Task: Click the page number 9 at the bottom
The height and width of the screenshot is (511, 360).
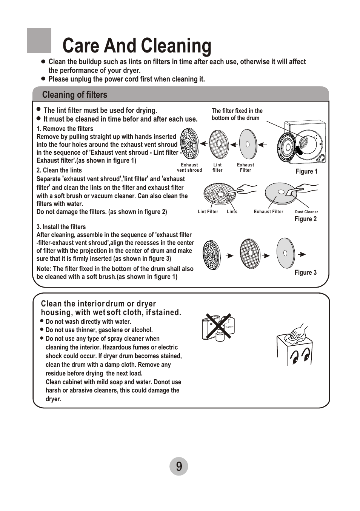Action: point(179,466)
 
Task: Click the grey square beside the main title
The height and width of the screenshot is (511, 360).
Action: point(39,41)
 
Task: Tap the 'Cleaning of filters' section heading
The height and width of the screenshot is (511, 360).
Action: point(75,95)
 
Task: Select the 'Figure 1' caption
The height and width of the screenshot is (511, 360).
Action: point(306,171)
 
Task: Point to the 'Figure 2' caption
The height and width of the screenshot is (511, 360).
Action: point(305,219)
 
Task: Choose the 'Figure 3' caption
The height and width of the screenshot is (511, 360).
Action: point(305,272)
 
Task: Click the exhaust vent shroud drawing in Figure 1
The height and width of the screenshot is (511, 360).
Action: point(189,144)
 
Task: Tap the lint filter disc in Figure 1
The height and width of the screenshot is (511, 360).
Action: point(218,144)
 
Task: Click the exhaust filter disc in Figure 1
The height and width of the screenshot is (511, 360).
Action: point(248,144)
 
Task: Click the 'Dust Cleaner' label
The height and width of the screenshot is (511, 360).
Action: point(306,212)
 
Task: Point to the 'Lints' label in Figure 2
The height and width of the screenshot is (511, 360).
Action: point(232,212)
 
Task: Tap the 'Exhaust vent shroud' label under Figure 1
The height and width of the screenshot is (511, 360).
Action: point(189,168)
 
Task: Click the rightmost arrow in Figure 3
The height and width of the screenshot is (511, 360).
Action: point(302,254)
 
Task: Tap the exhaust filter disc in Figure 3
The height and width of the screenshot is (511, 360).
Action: point(285,252)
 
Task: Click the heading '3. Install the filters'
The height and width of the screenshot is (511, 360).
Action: point(61,227)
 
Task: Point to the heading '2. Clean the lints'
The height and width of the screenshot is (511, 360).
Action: point(59,170)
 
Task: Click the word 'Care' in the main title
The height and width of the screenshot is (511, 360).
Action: point(81,46)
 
